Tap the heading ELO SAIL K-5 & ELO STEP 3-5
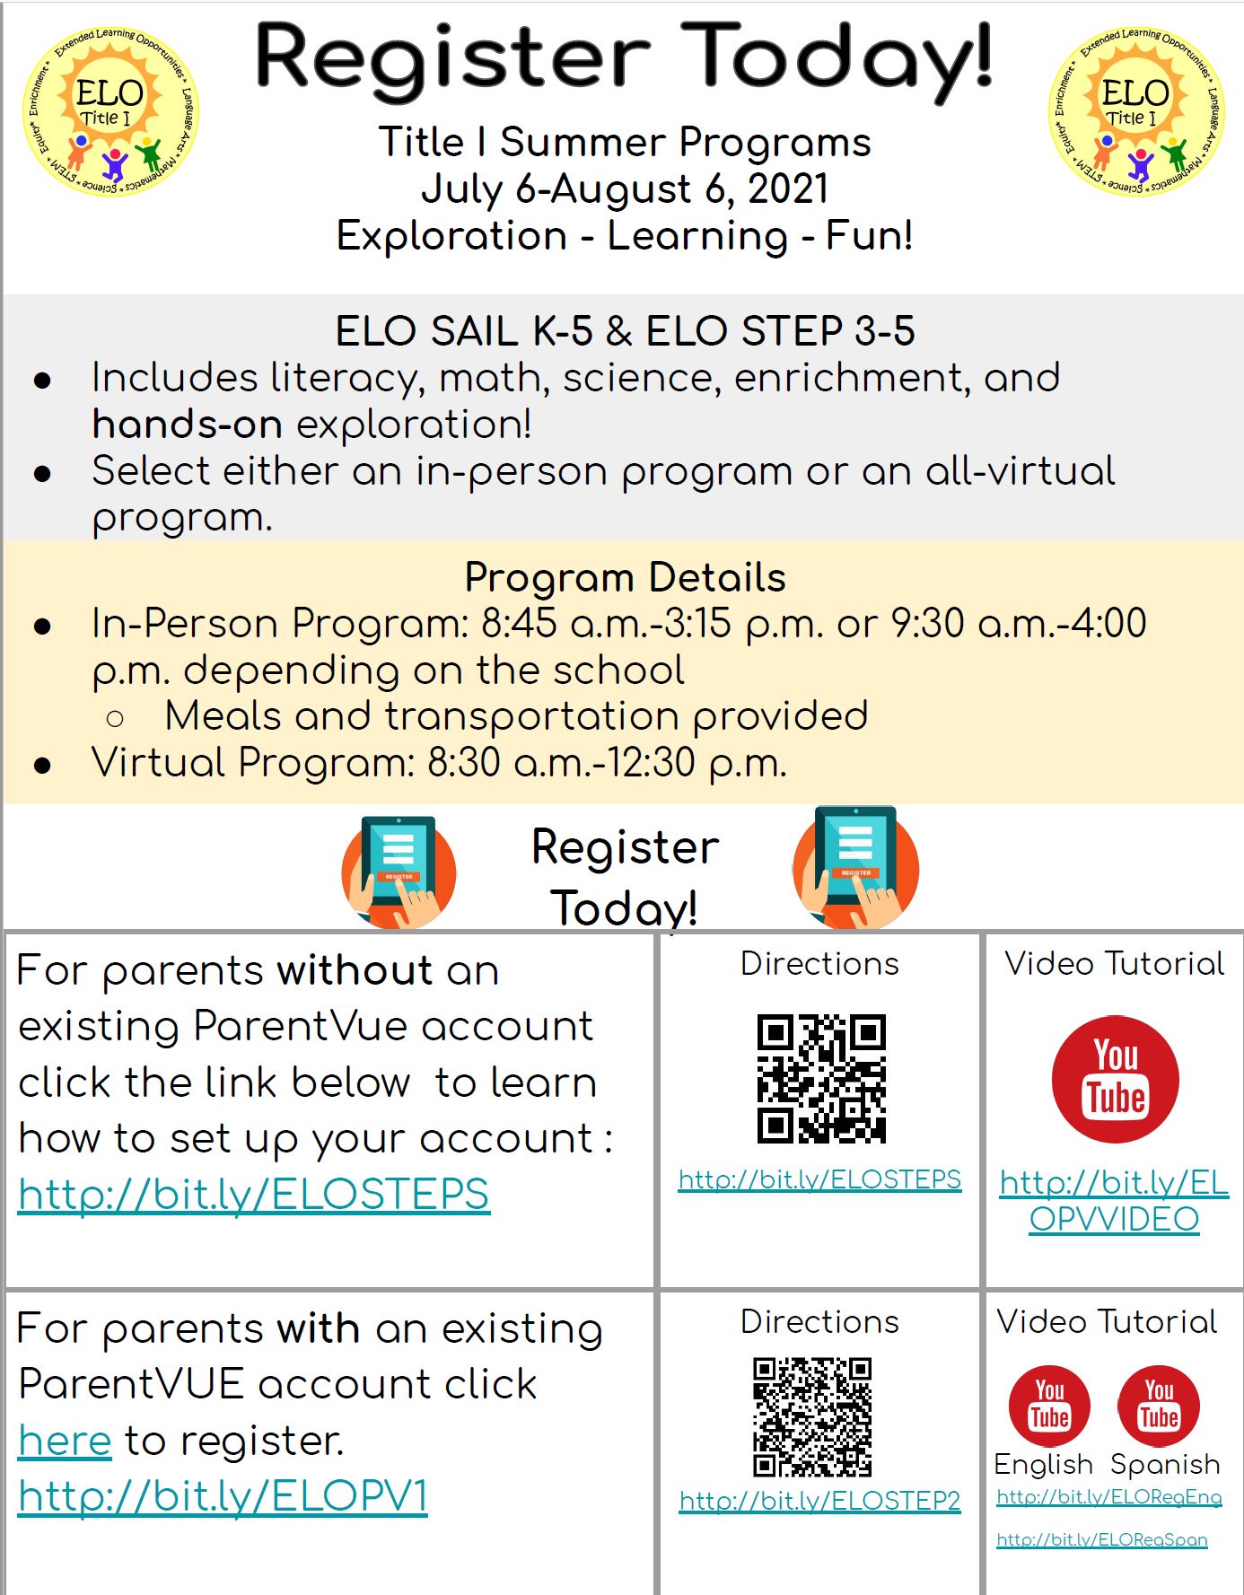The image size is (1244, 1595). click(625, 331)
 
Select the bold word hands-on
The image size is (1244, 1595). click(187, 425)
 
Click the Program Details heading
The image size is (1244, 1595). click(625, 577)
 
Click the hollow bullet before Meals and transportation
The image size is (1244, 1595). click(115, 718)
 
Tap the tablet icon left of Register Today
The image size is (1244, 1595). click(399, 872)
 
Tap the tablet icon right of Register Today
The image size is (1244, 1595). click(855, 867)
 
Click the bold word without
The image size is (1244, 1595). click(355, 971)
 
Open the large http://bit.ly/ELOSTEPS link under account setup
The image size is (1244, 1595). click(254, 1195)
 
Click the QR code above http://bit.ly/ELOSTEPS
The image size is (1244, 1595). click(821, 1079)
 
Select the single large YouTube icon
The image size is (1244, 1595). click(1115, 1079)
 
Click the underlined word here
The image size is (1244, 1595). click(65, 1441)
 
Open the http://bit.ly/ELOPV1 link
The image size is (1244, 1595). click(223, 1496)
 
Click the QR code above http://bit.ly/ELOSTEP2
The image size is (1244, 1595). click(812, 1416)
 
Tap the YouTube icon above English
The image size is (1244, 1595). click(1049, 1405)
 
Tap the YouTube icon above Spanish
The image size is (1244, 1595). click(1159, 1405)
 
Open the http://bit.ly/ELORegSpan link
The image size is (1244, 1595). click(1101, 1540)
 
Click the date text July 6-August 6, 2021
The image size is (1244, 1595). click(625, 189)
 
